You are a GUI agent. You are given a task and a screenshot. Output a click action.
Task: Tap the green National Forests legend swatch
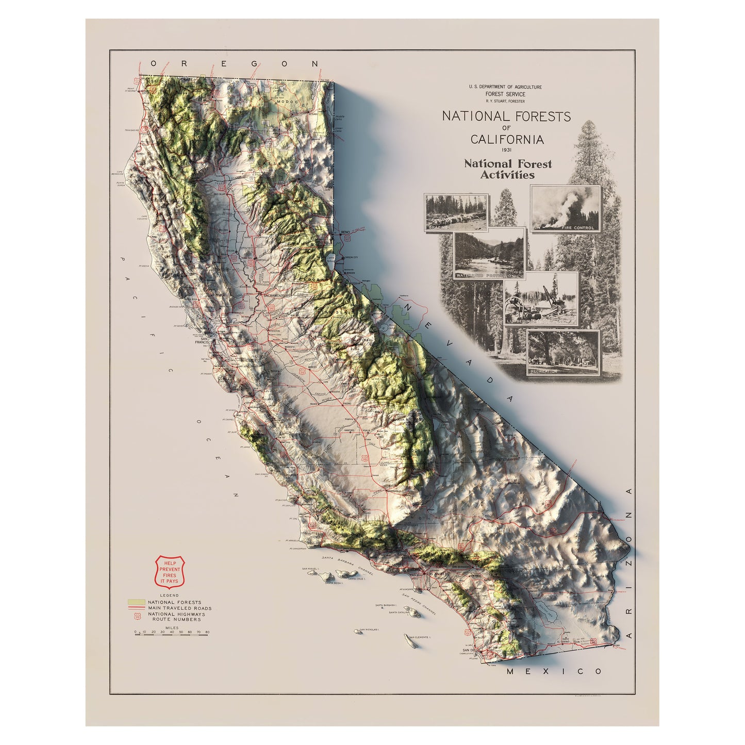pos(136,602)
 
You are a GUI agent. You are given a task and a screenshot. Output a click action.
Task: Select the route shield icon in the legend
pos(137,615)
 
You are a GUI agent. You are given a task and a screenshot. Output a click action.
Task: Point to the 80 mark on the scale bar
pos(207,632)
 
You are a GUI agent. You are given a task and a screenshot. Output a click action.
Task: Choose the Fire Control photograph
pos(566,208)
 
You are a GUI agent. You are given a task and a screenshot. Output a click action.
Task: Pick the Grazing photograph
pos(456,212)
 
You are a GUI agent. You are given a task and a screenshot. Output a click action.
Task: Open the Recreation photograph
pos(563,353)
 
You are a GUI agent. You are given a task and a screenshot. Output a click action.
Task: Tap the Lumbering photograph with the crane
pos(541,299)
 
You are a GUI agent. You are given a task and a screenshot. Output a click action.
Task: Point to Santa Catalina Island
pos(412,612)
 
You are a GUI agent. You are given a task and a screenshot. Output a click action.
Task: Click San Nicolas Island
pos(357,631)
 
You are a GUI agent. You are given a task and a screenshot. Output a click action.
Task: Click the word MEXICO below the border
pos(554,671)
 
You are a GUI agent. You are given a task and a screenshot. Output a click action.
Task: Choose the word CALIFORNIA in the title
pos(506,139)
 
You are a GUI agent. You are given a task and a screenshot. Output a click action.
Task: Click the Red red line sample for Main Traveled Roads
pos(136,608)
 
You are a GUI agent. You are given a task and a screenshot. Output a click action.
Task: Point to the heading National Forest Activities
pos(507,169)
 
